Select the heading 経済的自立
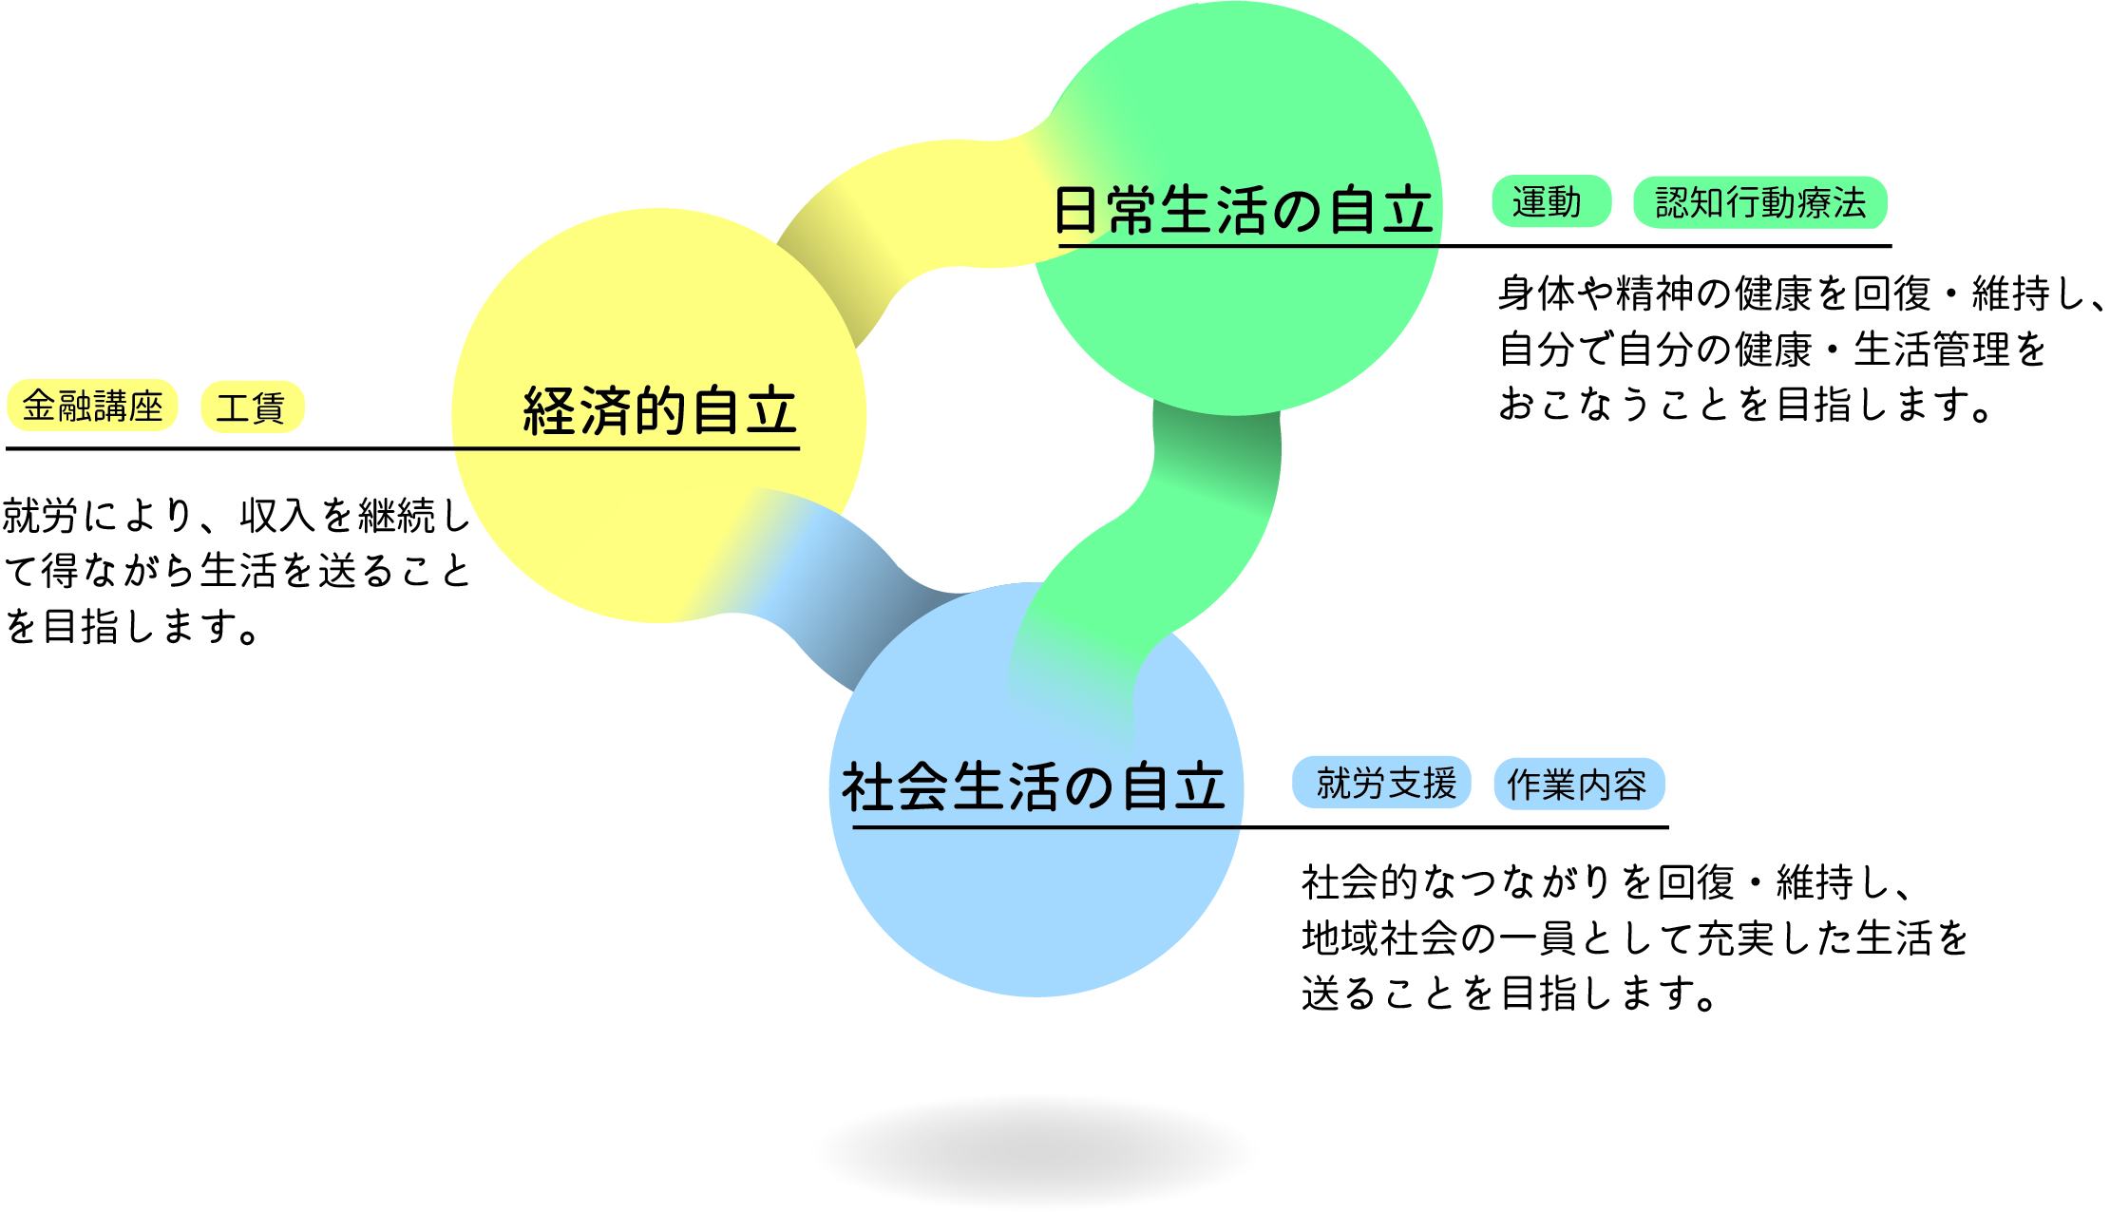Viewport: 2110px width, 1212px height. pyautogui.click(x=659, y=410)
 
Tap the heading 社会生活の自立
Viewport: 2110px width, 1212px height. pyautogui.click(x=1034, y=786)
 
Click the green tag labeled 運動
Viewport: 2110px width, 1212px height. pyautogui.click(x=1551, y=201)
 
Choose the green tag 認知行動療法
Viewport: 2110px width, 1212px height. pyautogui.click(x=1760, y=202)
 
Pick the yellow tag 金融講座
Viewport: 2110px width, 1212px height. pyautogui.click(x=92, y=406)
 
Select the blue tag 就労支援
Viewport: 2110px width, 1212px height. pyautogui.click(x=1381, y=784)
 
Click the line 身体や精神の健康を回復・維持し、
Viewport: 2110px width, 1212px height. pyautogui.click(x=1801, y=294)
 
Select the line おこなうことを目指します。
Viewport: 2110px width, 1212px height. pyautogui.click(x=1745, y=405)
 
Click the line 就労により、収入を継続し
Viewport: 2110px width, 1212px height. pyautogui.click(x=237, y=516)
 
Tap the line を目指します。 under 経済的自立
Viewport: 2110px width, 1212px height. pyautogui.click(x=132, y=627)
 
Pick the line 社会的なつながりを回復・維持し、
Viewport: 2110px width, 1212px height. pyautogui.click(x=1606, y=882)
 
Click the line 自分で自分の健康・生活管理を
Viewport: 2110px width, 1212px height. pyautogui.click(x=1773, y=350)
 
